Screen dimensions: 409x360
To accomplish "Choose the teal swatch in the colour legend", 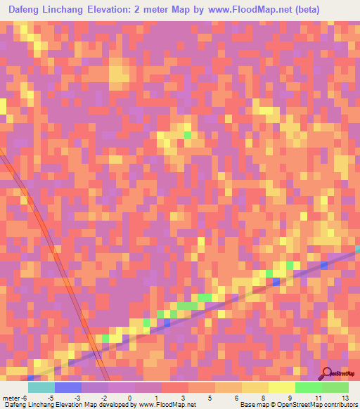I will click(41, 387).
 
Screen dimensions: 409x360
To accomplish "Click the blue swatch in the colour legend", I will click(68, 387).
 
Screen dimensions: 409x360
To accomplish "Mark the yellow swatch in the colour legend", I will click(282, 387).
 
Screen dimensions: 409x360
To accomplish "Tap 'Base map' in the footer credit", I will click(252, 404).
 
